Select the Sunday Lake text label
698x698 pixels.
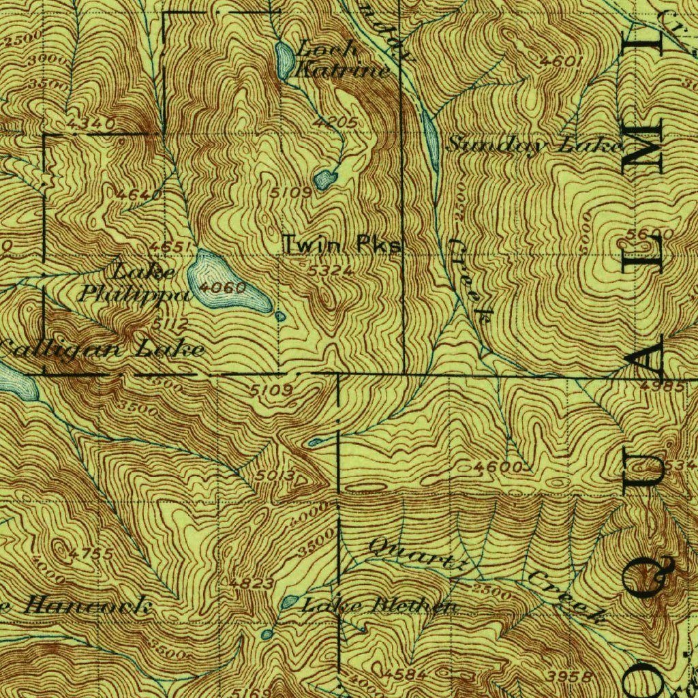pos(534,145)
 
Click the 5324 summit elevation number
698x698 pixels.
pos(331,271)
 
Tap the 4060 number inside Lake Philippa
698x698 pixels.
pos(224,288)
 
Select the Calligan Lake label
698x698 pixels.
pos(102,350)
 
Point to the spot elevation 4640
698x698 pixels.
pos(139,195)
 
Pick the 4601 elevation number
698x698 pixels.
pos(562,63)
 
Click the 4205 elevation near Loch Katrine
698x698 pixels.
pos(336,122)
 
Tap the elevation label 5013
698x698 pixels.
pos(277,474)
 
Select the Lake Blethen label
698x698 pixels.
pos(379,605)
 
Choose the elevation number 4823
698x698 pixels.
pos(252,583)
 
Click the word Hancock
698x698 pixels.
pos(88,605)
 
